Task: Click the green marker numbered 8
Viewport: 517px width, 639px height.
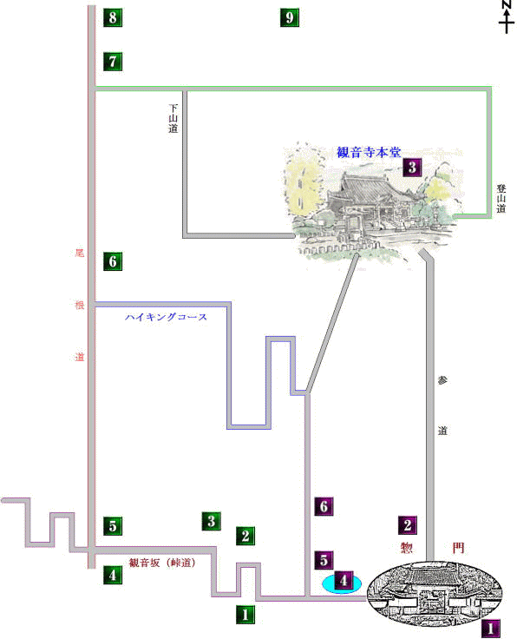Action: coord(113,17)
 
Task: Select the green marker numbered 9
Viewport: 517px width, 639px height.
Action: coord(290,17)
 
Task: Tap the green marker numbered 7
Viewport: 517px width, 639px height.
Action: coord(113,62)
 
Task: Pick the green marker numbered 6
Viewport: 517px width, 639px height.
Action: coord(113,261)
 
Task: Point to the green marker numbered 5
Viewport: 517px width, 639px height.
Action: coord(113,526)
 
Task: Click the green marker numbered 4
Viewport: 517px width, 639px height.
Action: coord(113,575)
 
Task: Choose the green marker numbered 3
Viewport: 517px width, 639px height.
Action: coord(212,521)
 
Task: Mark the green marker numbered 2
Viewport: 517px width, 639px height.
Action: coord(245,536)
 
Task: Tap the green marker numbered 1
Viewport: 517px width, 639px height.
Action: coord(245,614)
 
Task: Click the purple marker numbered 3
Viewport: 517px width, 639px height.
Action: coord(412,167)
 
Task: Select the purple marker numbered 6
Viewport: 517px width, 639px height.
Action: coord(324,506)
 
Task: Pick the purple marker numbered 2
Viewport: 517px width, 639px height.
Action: coord(408,525)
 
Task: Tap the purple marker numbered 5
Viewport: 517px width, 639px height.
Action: coord(324,560)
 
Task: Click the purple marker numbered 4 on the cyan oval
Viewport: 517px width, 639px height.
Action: coord(344,580)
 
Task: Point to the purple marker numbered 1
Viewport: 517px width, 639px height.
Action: coord(491,629)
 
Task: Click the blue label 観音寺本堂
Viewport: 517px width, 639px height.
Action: coord(369,153)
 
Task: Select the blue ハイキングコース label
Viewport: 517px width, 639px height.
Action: coord(166,317)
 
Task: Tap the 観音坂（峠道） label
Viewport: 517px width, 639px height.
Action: coord(163,563)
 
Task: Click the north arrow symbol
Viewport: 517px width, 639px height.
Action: coord(507,16)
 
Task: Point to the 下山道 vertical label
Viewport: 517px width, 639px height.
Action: coord(173,118)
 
